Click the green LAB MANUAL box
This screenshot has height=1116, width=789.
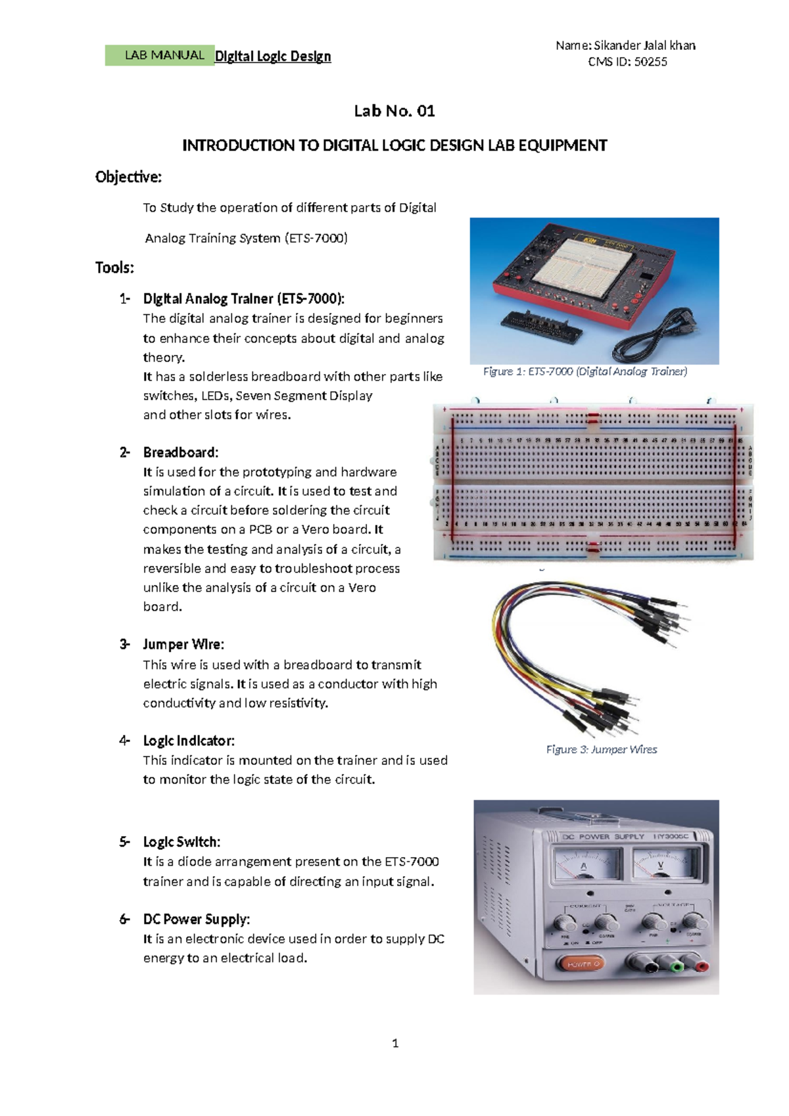tap(160, 56)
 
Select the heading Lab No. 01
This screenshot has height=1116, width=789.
tap(394, 111)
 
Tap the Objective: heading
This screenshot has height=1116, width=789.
tap(128, 177)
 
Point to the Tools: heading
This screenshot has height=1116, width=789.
tap(114, 267)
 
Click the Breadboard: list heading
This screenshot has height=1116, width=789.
tap(180, 452)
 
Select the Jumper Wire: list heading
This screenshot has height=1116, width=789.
tap(183, 644)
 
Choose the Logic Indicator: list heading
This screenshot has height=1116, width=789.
tap(188, 741)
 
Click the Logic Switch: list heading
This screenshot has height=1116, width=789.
tap(181, 842)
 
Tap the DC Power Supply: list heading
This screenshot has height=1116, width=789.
tap(196, 919)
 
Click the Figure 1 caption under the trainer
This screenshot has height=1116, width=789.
tap(585, 372)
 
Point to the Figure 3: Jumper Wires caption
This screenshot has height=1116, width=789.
tap(601, 749)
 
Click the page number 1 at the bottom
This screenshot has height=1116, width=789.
tap(395, 1043)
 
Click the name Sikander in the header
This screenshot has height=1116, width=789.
tap(617, 45)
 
